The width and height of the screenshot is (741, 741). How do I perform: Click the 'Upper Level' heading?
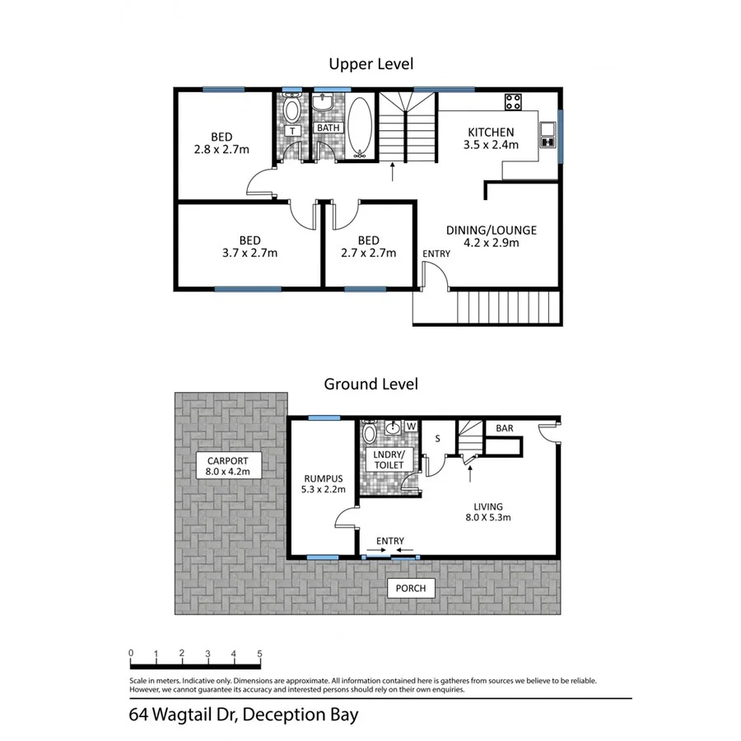[x=370, y=63]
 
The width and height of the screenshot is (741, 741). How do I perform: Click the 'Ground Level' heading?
[x=370, y=384]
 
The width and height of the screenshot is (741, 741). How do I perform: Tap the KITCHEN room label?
[x=491, y=132]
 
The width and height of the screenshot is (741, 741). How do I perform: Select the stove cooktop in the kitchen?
[x=513, y=102]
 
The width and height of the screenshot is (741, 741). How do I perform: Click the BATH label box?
[x=329, y=128]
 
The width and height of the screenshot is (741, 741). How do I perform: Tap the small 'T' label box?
[x=292, y=130]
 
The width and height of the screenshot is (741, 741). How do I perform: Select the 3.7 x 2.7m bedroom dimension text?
[x=249, y=254]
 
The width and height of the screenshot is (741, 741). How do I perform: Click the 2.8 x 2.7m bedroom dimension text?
[x=221, y=149]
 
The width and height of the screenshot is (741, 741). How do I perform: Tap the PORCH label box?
[x=410, y=588]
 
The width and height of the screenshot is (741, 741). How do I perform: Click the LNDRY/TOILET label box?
[x=390, y=459]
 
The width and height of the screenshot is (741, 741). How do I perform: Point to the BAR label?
[x=505, y=428]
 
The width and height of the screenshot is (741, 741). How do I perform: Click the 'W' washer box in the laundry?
[x=411, y=426]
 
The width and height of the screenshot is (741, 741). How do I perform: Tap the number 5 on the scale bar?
[x=259, y=654]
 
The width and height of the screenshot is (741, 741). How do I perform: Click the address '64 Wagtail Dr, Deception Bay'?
[x=244, y=714]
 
